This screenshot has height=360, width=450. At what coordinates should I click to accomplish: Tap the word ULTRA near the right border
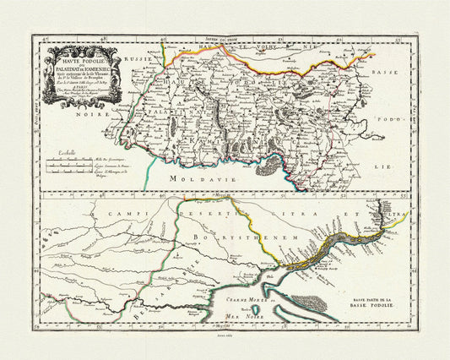click(x=395, y=216)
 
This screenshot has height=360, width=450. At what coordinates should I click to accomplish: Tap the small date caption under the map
click(x=225, y=335)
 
